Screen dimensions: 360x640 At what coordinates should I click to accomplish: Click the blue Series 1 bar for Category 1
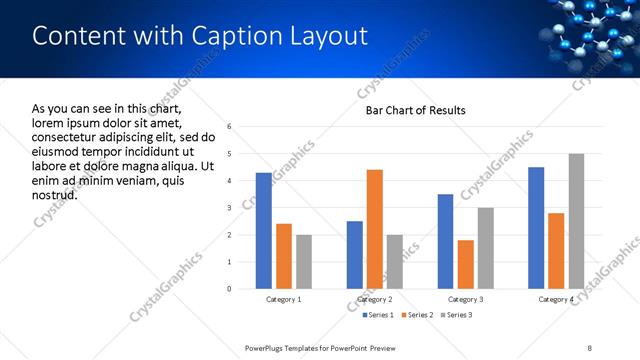pos(264,231)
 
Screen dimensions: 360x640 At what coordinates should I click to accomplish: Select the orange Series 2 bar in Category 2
pos(375,229)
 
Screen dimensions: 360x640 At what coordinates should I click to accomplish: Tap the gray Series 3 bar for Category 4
pos(576,221)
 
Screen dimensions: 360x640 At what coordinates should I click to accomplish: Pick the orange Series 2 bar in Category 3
pos(466,264)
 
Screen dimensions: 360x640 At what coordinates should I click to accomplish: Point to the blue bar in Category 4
pos(536,228)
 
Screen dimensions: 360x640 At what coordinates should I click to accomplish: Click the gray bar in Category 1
pos(304,262)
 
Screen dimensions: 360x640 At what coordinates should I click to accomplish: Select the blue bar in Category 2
pos(355,255)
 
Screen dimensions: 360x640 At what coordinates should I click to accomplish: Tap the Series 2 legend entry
pos(416,315)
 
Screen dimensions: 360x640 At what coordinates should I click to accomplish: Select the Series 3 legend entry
pos(456,315)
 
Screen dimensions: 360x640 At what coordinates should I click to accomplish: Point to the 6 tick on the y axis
pos(230,127)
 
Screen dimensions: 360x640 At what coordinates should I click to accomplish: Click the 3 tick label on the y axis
pos(230,208)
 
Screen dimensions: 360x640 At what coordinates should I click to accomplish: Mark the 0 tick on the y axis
pos(230,289)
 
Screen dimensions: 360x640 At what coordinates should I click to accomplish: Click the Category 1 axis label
pos(284,299)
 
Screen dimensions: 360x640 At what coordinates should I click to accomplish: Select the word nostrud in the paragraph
pos(54,194)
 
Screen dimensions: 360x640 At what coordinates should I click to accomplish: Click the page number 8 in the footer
pos(589,347)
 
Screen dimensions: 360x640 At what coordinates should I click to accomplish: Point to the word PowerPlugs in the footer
pos(267,347)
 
